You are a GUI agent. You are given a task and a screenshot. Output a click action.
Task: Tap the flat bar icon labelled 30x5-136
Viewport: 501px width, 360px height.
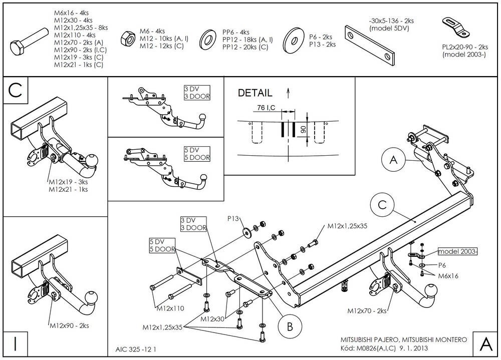370,46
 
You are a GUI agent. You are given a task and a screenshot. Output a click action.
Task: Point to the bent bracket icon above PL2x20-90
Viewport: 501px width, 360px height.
455,27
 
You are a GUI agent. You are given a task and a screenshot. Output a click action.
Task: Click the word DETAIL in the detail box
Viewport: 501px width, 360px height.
255,93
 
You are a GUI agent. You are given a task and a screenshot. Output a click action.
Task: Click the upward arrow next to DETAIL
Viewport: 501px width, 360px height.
288,93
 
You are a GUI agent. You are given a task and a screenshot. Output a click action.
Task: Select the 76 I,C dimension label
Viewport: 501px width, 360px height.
266,108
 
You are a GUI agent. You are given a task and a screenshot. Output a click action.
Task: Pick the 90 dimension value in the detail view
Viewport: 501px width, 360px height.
303,129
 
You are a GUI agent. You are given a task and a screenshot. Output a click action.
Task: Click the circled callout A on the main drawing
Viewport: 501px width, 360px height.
393,159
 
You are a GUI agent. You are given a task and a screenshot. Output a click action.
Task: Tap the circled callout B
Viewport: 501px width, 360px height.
290,326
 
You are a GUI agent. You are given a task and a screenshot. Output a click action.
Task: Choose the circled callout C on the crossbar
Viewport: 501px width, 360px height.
382,205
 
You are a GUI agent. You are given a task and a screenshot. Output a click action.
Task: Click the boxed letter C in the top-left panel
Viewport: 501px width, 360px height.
16,91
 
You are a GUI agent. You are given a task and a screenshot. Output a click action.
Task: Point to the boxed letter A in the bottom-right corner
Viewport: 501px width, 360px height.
485,344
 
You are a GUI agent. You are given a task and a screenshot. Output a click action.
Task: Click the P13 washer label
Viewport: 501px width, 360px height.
233,218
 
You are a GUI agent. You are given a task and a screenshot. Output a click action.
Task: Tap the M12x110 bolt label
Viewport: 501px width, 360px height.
170,308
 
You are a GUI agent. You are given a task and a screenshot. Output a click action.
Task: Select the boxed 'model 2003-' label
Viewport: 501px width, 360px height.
457,251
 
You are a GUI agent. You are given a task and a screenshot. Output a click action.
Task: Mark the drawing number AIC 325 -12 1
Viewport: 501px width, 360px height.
136,349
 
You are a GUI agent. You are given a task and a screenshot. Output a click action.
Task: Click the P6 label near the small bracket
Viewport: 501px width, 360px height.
442,265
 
